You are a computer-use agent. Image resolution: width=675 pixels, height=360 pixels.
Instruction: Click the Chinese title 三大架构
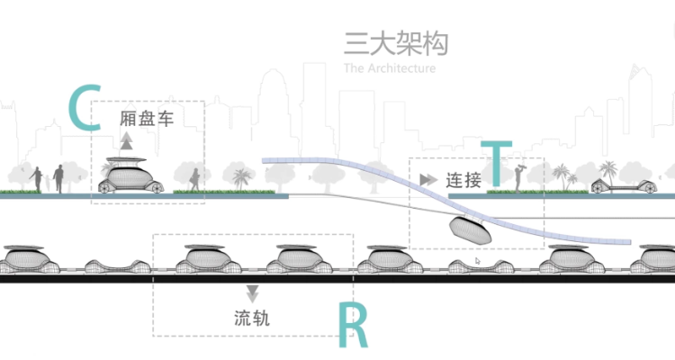395,44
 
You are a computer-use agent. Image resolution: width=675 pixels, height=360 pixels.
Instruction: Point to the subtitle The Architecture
389,68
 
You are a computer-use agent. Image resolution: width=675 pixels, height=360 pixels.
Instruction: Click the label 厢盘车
146,118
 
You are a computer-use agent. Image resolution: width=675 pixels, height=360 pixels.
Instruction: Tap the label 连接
463,179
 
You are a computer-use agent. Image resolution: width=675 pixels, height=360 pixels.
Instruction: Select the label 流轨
251,318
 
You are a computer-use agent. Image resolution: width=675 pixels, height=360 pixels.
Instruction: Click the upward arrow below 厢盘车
127,139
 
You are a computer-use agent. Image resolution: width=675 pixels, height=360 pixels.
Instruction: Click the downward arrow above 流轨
252,292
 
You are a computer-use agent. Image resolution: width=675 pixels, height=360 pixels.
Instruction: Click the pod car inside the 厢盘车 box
131,176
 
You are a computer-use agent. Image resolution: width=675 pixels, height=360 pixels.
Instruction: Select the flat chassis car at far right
620,185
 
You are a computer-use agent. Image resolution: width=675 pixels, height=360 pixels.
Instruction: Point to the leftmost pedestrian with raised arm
37,177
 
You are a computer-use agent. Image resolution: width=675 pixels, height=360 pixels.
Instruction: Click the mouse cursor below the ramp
477,261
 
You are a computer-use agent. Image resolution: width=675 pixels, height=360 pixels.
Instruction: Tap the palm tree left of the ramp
239,177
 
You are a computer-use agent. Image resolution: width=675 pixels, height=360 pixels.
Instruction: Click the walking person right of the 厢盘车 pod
193,177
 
